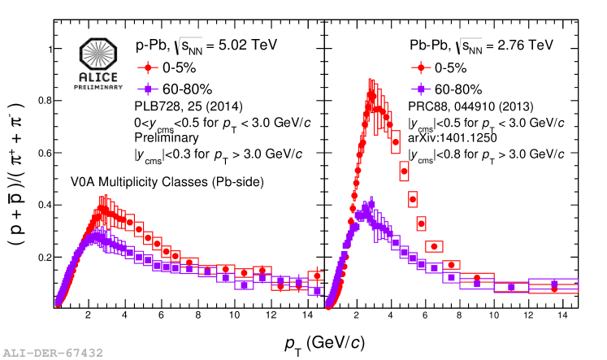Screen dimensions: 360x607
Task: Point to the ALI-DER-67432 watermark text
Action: coord(54,353)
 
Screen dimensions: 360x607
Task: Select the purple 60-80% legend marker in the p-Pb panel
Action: coord(147,88)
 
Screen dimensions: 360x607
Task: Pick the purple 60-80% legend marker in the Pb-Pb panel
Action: coord(421,88)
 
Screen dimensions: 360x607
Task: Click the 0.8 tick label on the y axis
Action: coord(41,101)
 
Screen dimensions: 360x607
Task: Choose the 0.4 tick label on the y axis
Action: coord(41,205)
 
